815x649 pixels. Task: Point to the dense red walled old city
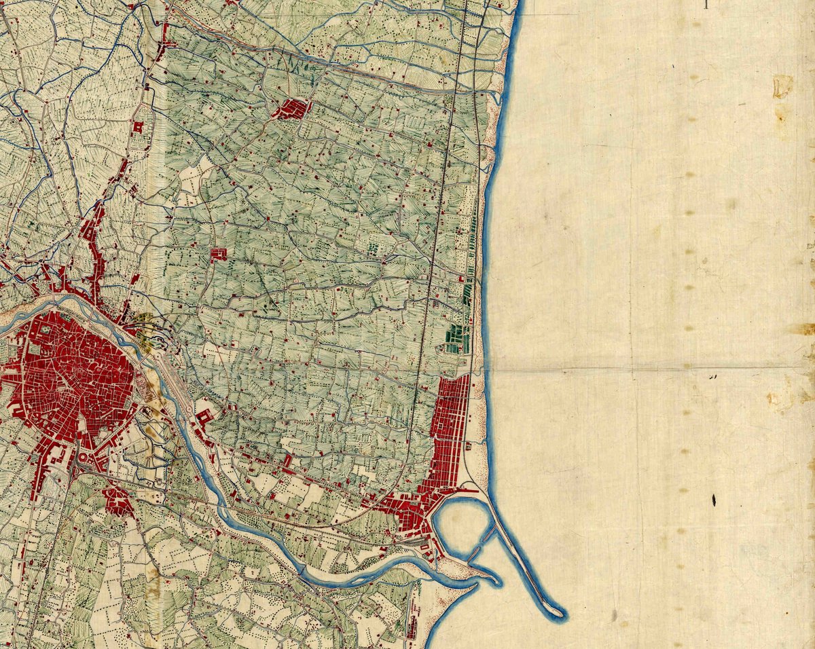pyautogui.click(x=68, y=380)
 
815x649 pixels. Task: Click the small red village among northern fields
pyautogui.click(x=292, y=109)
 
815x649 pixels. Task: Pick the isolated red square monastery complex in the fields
pyautogui.click(x=218, y=255)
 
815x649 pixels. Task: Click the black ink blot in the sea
pyautogui.click(x=714, y=500)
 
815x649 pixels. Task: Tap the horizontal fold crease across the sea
pyautogui.click(x=645, y=370)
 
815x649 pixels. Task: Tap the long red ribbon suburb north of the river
pyautogui.click(x=92, y=231)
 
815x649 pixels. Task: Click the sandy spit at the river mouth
pyautogui.click(x=475, y=574)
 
